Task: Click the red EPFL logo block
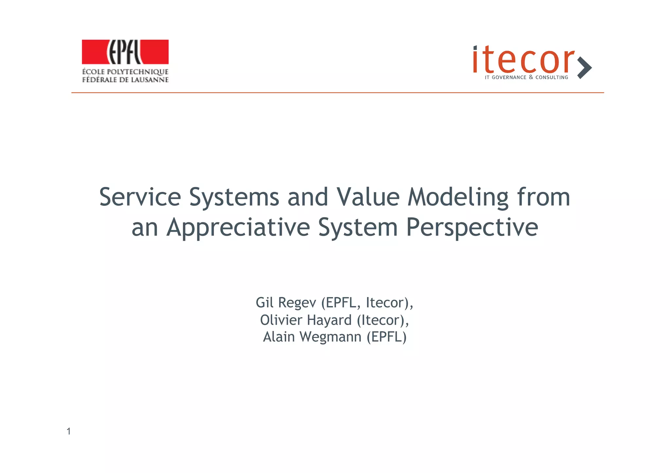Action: click(125, 52)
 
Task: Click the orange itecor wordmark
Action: click(523, 60)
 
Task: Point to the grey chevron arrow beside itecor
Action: click(584, 68)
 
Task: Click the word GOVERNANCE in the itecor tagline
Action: click(509, 77)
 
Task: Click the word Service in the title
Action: click(140, 197)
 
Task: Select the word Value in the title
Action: click(368, 197)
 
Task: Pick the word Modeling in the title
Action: click(458, 198)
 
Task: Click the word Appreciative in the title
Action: click(238, 228)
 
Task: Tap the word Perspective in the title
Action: click(472, 228)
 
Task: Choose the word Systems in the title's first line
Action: click(234, 197)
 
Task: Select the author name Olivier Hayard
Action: click(306, 320)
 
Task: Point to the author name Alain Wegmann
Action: click(312, 337)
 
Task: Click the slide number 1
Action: click(69, 431)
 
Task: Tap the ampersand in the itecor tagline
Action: click(531, 77)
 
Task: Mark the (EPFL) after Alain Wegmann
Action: click(386, 337)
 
